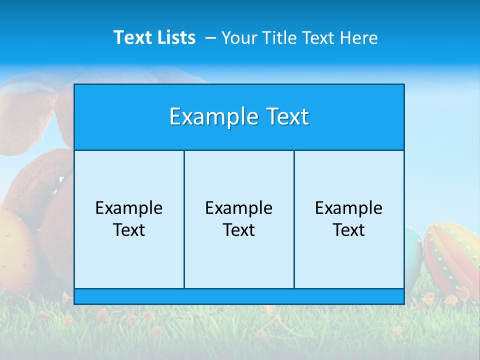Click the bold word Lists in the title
[x=175, y=37]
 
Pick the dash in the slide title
[x=210, y=38]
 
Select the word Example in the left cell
[x=129, y=208]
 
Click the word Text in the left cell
[x=129, y=230]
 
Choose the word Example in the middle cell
[x=239, y=208]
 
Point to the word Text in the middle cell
[x=239, y=230]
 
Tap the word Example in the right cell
[x=349, y=208]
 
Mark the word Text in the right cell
[x=349, y=230]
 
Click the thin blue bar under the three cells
[x=239, y=296]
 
